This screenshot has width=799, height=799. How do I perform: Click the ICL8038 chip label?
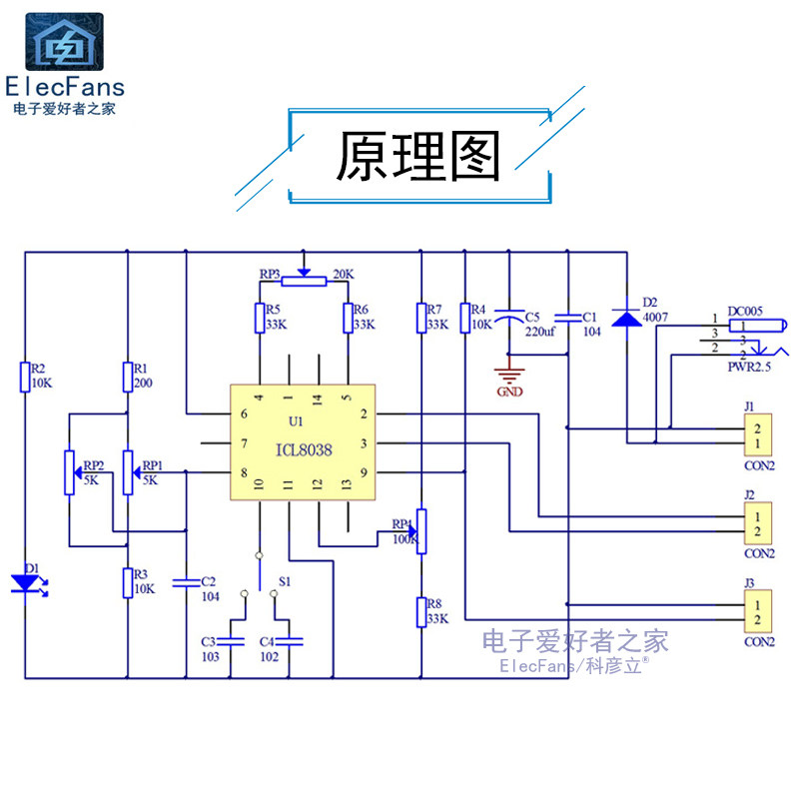(304, 450)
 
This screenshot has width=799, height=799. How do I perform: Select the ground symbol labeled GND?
(509, 378)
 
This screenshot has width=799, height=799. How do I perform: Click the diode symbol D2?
(626, 319)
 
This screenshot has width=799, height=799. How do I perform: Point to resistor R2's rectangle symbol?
(25, 377)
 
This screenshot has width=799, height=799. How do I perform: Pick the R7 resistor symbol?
(422, 318)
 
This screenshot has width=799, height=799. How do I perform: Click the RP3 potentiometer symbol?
(304, 281)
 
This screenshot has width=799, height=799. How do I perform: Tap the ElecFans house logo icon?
(64, 42)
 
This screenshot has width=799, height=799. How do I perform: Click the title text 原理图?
(417, 158)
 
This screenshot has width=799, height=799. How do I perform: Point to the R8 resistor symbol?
(421, 611)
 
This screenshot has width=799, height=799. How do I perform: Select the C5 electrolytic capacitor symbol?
(509, 318)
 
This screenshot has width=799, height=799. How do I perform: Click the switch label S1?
(285, 580)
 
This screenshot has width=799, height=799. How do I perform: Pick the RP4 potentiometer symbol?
(421, 529)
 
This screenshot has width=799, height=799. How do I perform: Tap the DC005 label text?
(745, 312)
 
